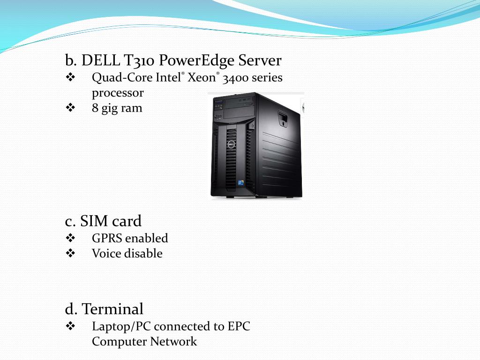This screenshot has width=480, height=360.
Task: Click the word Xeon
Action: (x=201, y=78)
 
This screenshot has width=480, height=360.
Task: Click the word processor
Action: (x=118, y=93)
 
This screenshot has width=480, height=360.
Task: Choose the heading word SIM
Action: (x=95, y=221)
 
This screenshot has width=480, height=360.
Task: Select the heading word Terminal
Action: (x=112, y=309)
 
